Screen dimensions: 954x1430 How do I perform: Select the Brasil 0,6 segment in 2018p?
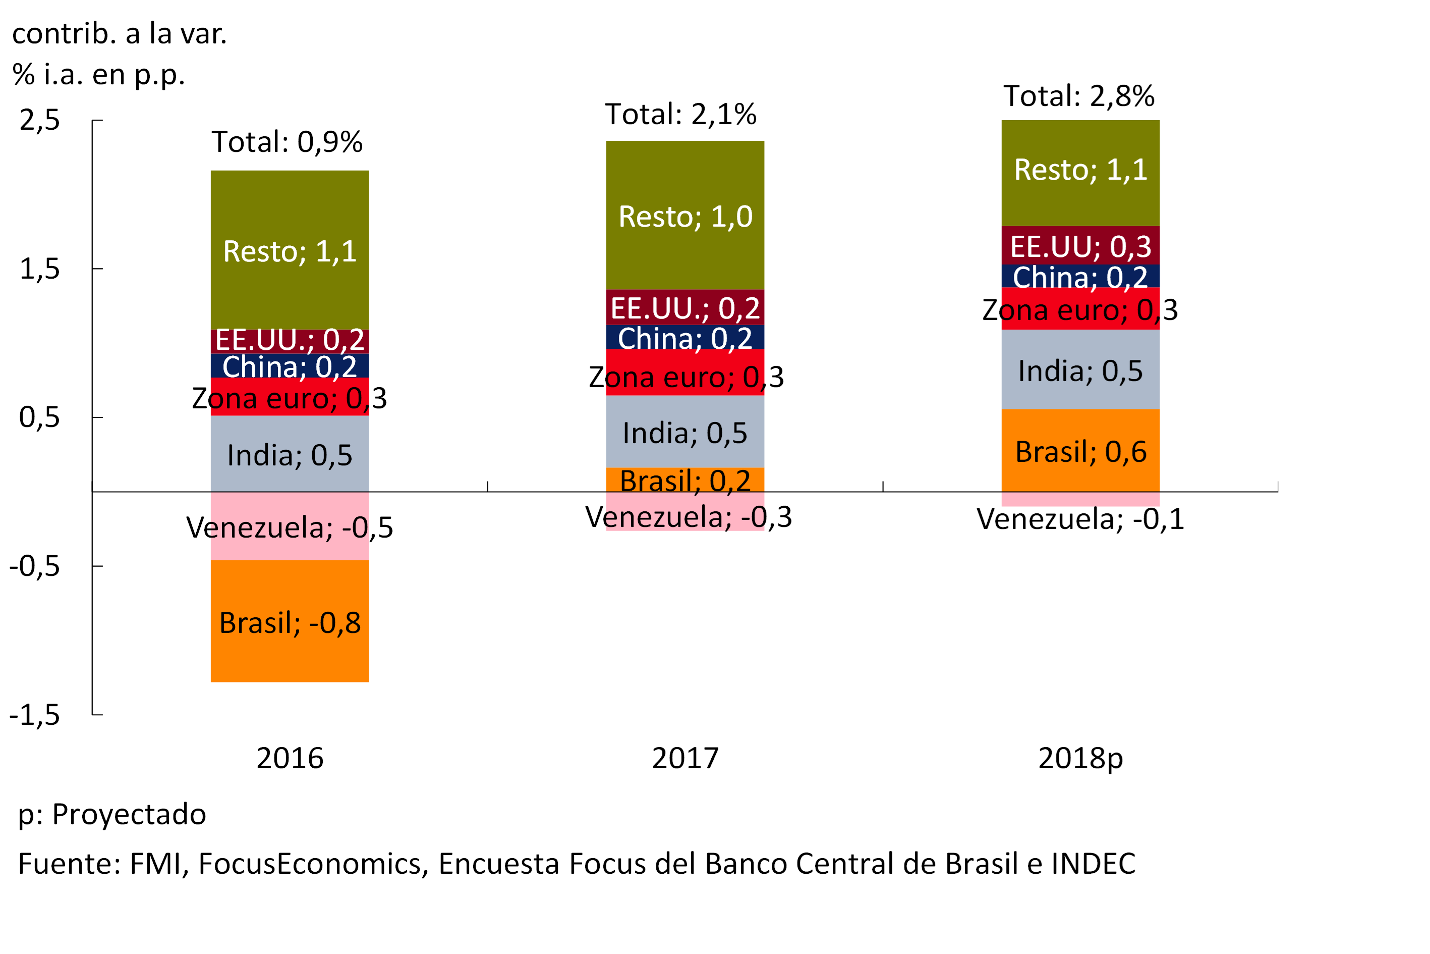coord(1080,451)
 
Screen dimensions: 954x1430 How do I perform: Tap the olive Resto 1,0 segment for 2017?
coord(685,216)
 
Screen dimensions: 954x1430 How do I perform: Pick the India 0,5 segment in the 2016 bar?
coord(290,454)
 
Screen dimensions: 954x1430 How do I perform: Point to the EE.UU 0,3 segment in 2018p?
coord(1080,246)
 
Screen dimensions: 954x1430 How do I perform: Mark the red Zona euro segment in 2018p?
coord(1080,309)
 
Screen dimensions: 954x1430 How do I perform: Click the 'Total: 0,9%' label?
coord(287,142)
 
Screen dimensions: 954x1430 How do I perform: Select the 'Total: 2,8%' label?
coord(1078,95)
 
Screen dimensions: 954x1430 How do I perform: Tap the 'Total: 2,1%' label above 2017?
coord(681,114)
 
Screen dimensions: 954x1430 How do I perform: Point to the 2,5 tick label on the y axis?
coord(39,120)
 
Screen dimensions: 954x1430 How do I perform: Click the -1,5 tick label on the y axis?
coord(35,714)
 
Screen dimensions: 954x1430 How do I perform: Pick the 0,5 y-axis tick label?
coord(39,417)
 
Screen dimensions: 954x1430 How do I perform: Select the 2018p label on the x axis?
coord(1080,759)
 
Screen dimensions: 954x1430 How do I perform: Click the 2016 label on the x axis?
coord(290,759)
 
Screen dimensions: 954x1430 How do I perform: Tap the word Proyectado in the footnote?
coord(129,815)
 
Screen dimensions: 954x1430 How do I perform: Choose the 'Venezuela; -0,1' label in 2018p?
coord(1080,519)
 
